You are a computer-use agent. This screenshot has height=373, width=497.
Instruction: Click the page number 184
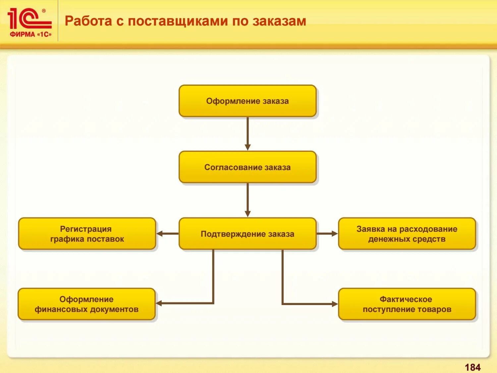tap(472, 367)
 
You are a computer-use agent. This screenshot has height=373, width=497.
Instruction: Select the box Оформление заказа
tap(248, 101)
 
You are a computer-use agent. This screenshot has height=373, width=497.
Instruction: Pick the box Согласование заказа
tap(248, 167)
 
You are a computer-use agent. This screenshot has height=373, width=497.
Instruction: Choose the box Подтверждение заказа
tap(248, 234)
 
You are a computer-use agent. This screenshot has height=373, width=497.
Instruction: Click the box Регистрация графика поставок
tap(87, 234)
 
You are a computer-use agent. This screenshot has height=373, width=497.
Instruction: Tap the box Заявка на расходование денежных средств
tap(407, 234)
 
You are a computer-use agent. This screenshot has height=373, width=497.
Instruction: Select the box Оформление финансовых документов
tap(86, 304)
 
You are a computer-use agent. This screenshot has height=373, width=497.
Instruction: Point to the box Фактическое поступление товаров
tap(407, 304)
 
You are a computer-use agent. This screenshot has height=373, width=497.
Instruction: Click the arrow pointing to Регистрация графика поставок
tap(167, 234)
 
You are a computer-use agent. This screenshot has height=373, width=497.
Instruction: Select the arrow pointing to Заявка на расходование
tap(327, 234)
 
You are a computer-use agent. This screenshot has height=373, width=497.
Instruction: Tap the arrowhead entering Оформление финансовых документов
tap(159, 303)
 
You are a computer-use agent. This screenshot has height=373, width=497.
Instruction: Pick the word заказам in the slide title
tap(279, 21)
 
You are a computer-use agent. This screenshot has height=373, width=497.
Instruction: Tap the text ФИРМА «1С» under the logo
tap(30, 34)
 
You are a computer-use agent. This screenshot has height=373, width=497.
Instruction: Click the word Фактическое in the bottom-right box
tap(406, 299)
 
